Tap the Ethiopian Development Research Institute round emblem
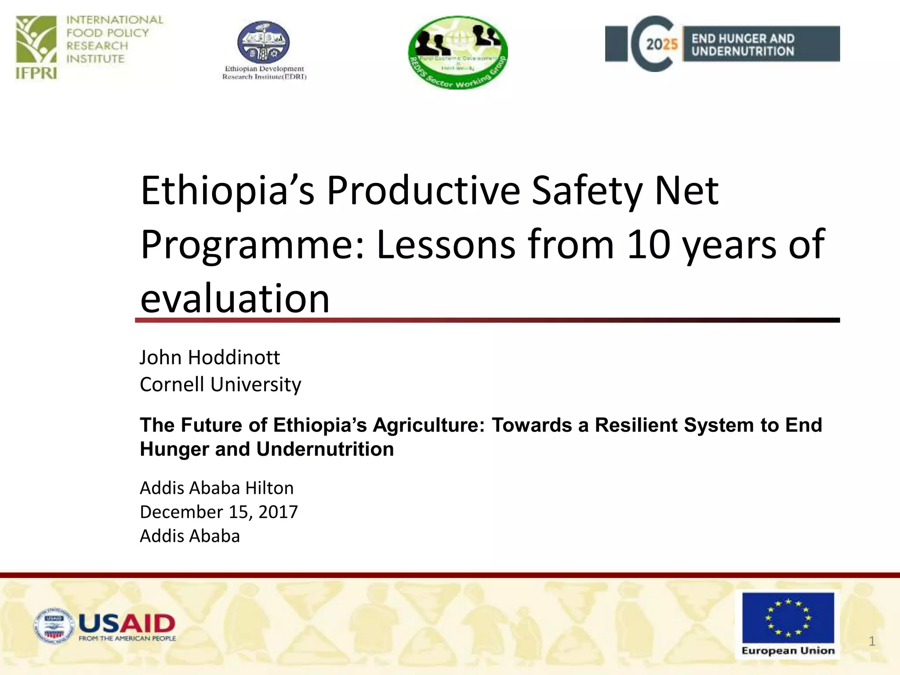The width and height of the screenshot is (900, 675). pos(264,43)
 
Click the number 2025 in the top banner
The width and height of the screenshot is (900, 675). pos(662,44)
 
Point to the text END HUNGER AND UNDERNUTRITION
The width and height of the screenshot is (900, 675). pos(743,45)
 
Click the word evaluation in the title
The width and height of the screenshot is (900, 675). pos(235,299)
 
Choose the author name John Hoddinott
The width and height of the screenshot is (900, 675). pos(210,357)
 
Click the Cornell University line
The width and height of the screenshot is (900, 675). pos(220,385)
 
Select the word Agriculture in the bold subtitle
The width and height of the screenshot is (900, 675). pos(429,425)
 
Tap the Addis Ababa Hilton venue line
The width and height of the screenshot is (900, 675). pos(217,488)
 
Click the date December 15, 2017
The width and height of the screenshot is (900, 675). pos(219,512)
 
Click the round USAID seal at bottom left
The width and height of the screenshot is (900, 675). pos(54,626)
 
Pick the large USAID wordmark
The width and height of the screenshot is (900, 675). pos(127,623)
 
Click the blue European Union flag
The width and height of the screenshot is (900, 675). pos(788,617)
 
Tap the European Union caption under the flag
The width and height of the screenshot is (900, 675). pos(788,650)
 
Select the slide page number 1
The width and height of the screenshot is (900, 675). pos(872,641)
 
